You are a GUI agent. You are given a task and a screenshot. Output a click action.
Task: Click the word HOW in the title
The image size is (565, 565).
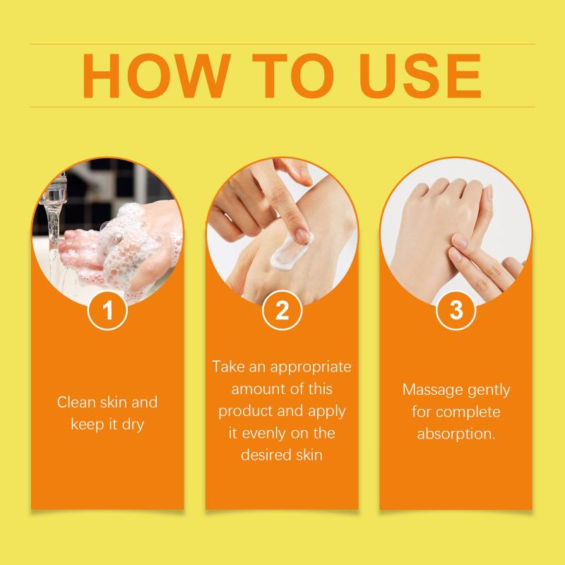157,76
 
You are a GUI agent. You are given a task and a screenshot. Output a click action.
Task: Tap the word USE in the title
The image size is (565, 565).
420,76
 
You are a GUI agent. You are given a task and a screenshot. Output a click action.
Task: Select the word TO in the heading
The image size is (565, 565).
293,76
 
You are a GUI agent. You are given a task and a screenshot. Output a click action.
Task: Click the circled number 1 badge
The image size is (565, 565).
107,310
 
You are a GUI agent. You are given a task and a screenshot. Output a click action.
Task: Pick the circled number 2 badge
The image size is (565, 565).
282,310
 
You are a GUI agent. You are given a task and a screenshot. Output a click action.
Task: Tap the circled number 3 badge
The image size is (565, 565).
456,310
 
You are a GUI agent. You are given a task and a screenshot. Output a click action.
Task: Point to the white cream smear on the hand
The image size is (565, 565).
290,251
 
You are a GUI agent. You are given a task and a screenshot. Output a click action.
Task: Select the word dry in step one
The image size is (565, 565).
133,425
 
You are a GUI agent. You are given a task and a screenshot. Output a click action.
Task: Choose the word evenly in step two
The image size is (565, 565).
264,433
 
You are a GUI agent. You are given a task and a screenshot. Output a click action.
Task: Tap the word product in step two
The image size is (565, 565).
242,412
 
